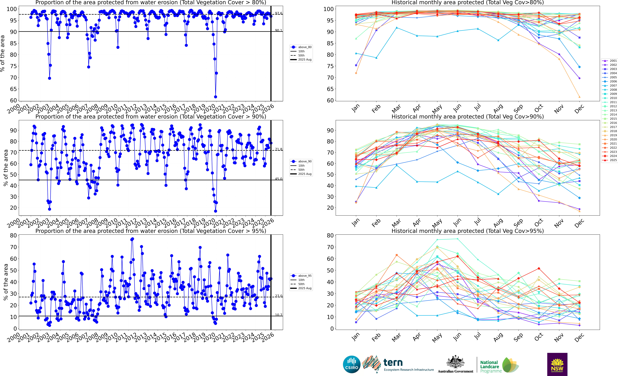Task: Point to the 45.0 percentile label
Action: (x=278, y=179)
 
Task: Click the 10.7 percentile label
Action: (x=278, y=315)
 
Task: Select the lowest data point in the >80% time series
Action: (x=215, y=97)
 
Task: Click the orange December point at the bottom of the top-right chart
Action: (x=579, y=97)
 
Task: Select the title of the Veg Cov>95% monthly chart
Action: (x=468, y=231)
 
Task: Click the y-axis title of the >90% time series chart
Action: (x=6, y=168)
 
